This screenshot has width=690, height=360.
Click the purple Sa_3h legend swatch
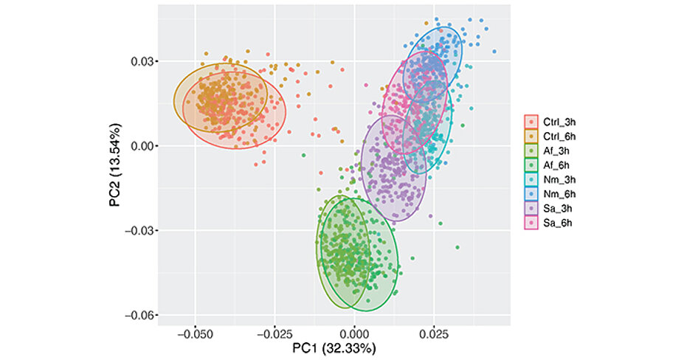(x=531, y=208)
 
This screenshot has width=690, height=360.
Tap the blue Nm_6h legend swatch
(x=531, y=193)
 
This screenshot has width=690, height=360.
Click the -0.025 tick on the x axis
(x=275, y=332)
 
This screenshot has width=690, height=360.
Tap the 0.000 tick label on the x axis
(x=354, y=332)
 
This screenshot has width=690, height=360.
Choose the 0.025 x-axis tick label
(x=434, y=332)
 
